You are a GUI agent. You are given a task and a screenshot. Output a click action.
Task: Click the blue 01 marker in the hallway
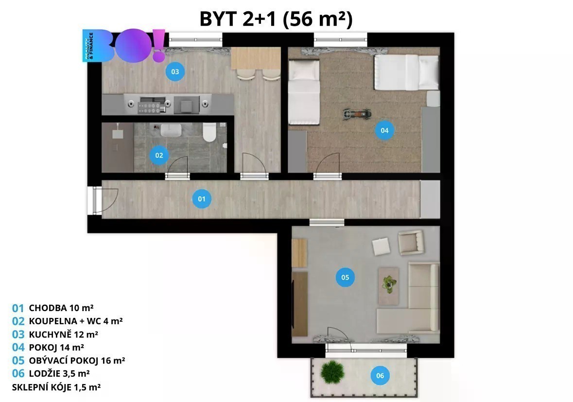(202, 199)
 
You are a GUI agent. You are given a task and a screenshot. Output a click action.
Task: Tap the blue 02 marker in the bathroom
(159, 156)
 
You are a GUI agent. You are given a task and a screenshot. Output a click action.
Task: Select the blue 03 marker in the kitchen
(175, 72)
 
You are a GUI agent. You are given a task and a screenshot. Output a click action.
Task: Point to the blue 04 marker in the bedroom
(384, 130)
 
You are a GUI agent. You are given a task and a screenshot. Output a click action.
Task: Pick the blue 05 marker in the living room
(345, 278)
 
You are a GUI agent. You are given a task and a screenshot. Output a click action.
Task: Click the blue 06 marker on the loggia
(380, 375)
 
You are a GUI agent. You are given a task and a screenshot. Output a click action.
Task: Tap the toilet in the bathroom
(209, 132)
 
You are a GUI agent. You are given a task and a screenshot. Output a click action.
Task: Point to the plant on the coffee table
(389, 284)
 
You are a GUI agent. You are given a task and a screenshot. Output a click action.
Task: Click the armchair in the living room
(411, 242)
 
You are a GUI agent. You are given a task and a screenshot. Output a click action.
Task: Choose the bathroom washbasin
(171, 130)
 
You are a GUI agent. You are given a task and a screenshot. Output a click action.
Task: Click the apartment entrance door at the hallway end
(95, 200)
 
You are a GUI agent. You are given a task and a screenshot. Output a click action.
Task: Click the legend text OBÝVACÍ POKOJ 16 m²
(77, 361)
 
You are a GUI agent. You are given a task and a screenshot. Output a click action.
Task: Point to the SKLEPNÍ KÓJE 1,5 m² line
(56, 387)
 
